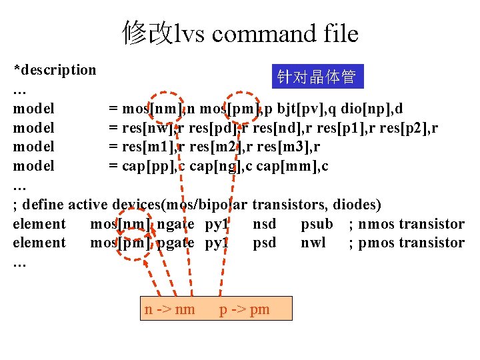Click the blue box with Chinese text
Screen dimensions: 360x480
click(x=316, y=78)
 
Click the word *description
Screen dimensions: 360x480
click(x=55, y=70)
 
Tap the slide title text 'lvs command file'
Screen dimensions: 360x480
click(x=266, y=33)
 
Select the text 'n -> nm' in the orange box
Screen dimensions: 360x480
click(x=169, y=309)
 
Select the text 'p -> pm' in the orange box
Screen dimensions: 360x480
click(x=245, y=309)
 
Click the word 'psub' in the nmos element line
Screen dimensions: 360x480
click(x=317, y=223)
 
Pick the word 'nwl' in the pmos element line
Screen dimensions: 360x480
click(x=313, y=242)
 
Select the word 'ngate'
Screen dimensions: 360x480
click(x=175, y=223)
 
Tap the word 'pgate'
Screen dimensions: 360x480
click(x=175, y=242)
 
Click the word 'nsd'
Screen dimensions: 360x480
click(x=264, y=223)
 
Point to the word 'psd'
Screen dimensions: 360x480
click(x=264, y=242)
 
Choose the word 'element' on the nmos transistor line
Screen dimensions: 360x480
click(x=39, y=223)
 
